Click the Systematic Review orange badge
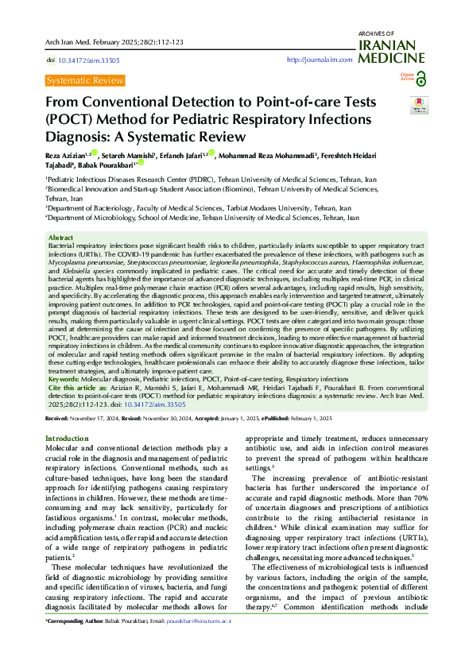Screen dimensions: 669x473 pos(85,80)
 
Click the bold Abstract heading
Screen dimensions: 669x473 pos(60,238)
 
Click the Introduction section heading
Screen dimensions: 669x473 pos(67,439)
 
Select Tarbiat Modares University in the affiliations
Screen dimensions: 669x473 pos(251,207)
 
